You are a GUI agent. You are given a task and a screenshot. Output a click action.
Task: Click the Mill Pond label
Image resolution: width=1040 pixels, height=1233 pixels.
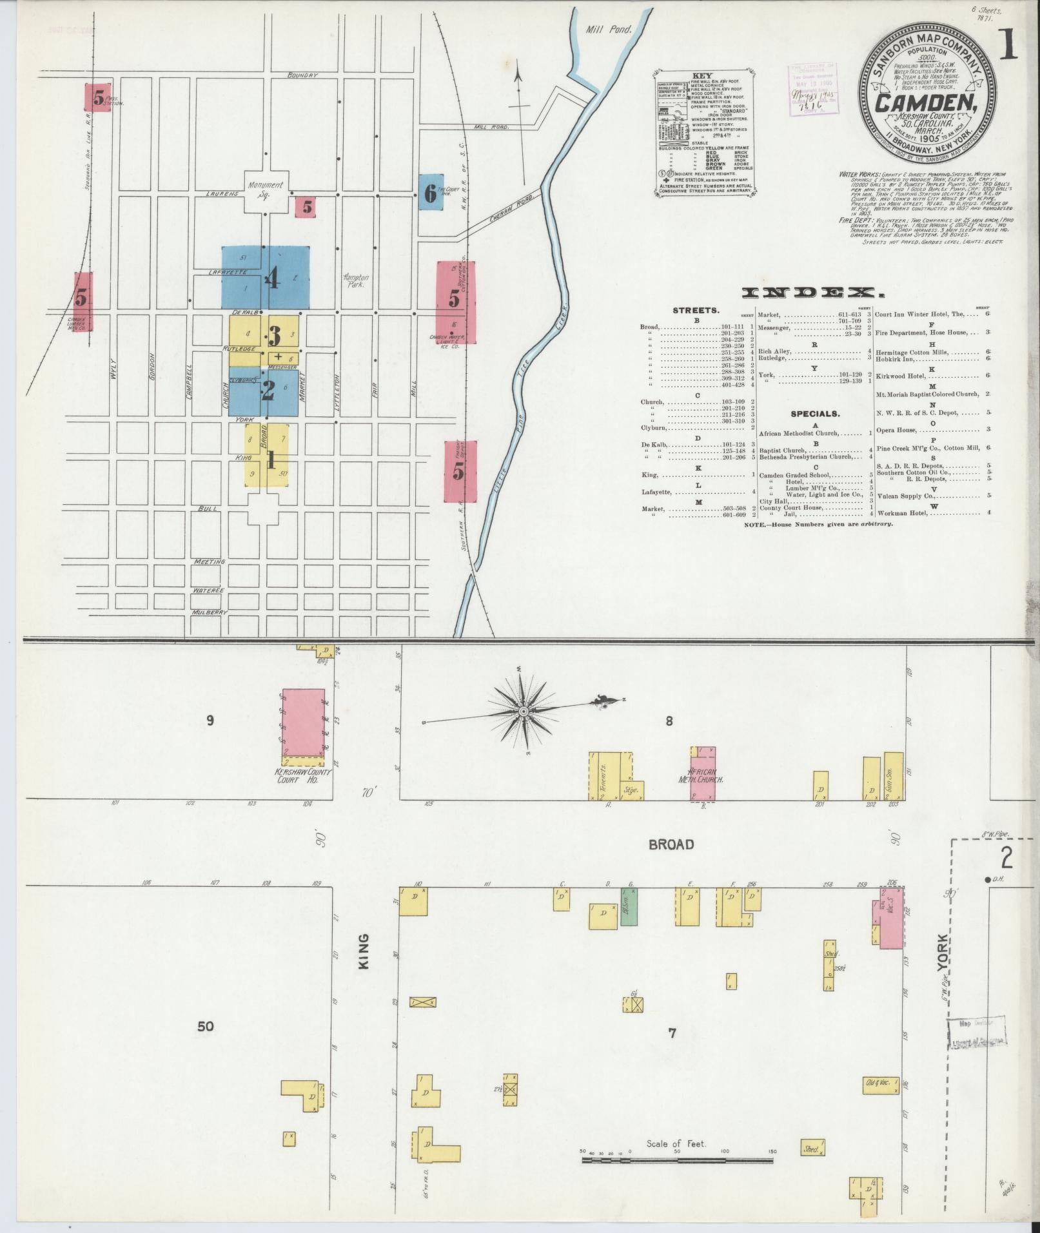click(609, 29)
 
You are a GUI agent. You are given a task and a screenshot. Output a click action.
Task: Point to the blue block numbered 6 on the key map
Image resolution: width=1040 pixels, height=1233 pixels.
click(430, 192)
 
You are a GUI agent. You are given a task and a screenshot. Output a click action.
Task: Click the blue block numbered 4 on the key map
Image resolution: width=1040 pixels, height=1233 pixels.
click(266, 278)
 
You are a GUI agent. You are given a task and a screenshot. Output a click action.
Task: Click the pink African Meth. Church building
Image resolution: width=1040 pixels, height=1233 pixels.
click(703, 774)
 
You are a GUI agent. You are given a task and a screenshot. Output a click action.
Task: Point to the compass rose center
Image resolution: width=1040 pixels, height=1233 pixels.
click(524, 710)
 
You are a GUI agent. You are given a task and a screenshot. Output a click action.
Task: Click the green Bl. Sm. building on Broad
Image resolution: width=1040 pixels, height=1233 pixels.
click(629, 908)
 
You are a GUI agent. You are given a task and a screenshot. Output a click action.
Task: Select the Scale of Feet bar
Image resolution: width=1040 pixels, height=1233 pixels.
click(677, 1161)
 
